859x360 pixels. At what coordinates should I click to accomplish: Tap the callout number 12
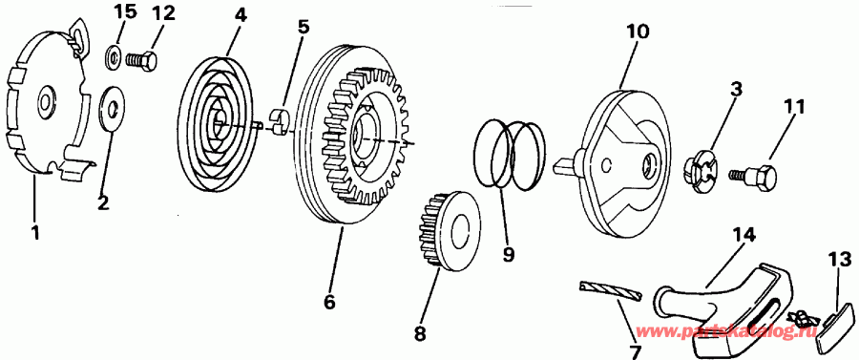164,12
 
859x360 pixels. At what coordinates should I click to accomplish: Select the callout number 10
638,31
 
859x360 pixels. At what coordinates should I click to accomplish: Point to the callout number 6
329,302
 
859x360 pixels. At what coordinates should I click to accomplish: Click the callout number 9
509,255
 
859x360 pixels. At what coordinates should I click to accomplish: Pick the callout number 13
839,258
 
